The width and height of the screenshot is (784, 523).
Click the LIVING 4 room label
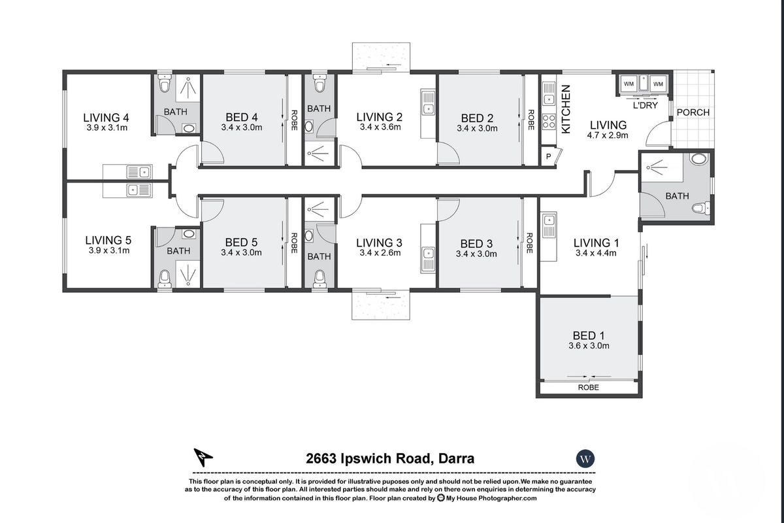[x=106, y=118]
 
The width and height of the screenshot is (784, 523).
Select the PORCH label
[x=693, y=112]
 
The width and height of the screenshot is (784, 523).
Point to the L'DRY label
[x=644, y=105]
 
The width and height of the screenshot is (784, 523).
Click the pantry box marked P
[x=548, y=156]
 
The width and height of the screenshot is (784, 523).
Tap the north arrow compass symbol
[x=204, y=457]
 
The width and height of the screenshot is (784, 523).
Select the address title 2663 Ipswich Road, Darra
[x=390, y=459]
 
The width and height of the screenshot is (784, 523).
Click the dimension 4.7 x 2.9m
[x=608, y=136]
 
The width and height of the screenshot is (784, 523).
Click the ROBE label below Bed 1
[x=589, y=388]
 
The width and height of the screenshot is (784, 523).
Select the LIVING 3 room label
[x=379, y=243]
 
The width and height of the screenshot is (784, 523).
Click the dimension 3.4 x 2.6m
[x=379, y=254]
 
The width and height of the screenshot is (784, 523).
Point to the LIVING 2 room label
[x=379, y=118]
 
